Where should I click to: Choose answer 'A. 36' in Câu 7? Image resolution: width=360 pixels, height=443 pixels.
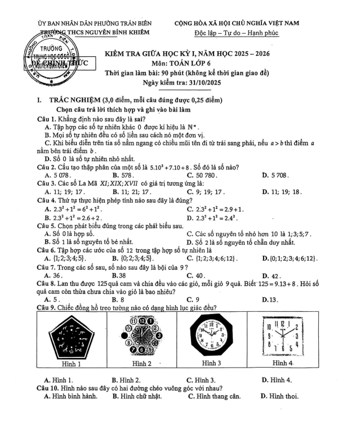[x=54, y=276]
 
